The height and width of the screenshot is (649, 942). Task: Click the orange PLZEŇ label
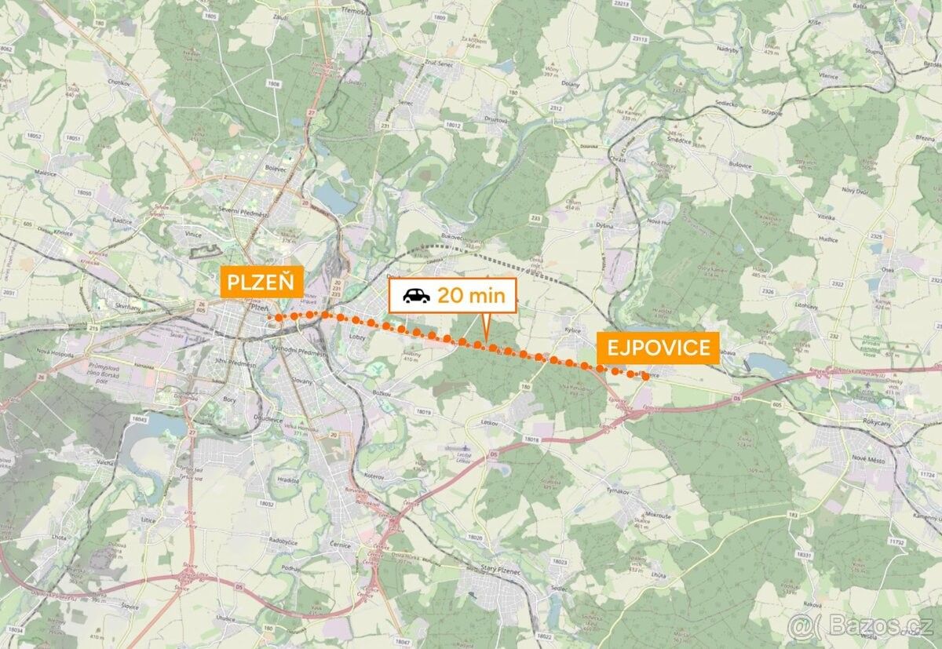coord(262,282)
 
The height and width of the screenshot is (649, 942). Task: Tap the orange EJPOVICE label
coord(658,348)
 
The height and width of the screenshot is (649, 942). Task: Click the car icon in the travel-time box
coord(416,296)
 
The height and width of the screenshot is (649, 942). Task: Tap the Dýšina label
coord(604,225)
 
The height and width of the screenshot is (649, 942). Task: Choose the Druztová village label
coord(496,121)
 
